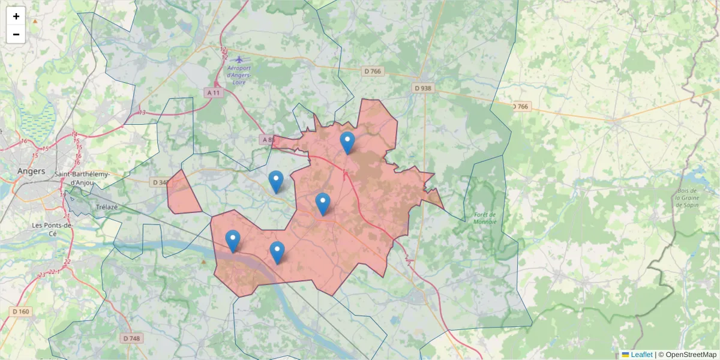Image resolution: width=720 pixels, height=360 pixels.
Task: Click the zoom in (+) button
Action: click(16, 16)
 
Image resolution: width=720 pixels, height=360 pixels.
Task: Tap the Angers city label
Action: click(31, 171)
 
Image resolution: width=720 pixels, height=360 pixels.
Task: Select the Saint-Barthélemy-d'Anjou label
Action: click(82, 178)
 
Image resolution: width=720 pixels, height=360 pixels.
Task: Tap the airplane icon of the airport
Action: click(239, 59)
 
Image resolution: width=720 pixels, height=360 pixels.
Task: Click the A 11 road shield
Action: click(213, 93)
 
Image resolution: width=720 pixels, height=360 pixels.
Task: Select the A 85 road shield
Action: click(267, 140)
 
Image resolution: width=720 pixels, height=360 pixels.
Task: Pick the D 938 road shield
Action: click(422, 88)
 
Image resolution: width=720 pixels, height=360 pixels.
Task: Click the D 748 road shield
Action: click(131, 338)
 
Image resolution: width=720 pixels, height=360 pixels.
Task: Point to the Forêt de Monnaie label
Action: click(485, 218)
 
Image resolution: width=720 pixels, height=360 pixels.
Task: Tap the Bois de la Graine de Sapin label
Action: click(688, 197)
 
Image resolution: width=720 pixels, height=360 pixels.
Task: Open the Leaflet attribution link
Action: click(641, 355)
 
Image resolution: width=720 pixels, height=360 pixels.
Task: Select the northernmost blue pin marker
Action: click(347, 142)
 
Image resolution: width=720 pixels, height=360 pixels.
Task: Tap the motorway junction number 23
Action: click(41, 274)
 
